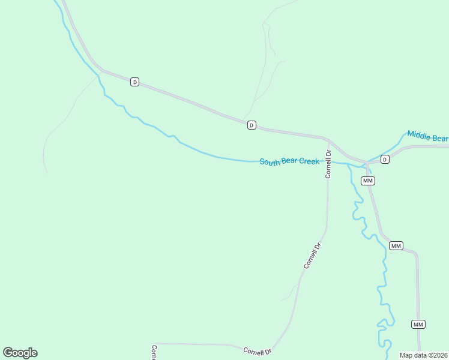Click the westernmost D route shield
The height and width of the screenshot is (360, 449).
click(135, 82)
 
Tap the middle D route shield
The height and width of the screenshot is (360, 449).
click(252, 125)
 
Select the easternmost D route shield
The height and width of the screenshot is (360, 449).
click(385, 159)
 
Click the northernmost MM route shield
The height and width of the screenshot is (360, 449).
click(368, 181)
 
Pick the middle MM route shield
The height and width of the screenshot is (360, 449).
click(396, 246)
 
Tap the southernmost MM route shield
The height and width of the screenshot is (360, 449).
click(418, 325)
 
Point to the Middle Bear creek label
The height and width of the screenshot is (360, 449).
click(427, 136)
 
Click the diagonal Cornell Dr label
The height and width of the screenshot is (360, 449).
click(313, 255)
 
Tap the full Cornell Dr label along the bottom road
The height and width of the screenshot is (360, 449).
click(258, 350)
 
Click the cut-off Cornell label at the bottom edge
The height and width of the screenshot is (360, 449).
click(154, 352)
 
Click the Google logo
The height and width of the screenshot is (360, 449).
click(20, 353)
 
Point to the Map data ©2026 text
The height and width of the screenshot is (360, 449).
click(424, 355)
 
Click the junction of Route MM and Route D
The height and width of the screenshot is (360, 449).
click(367, 161)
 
